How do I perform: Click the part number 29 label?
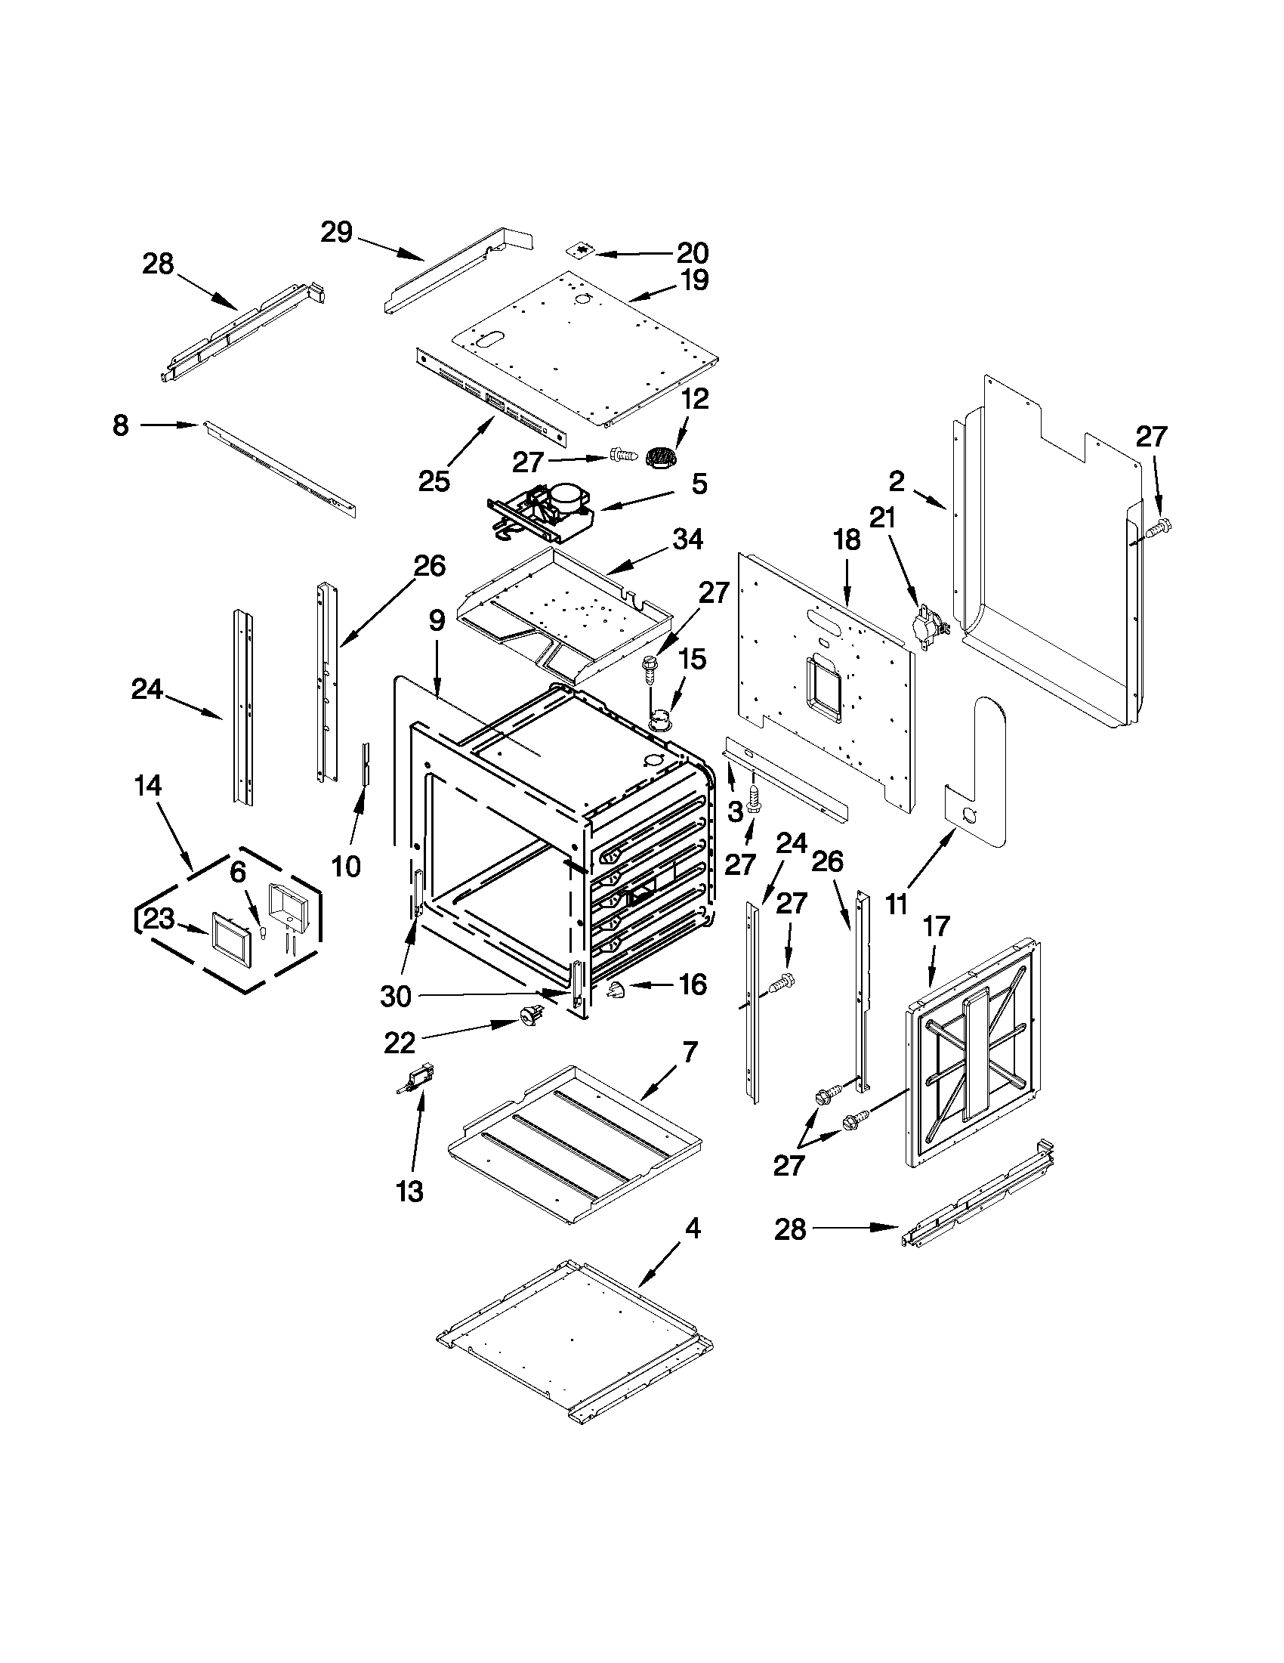click(335, 232)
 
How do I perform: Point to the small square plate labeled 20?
click(583, 250)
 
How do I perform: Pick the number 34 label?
click(688, 539)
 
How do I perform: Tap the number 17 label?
click(936, 926)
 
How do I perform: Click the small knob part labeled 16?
click(614, 991)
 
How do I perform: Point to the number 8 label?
click(120, 425)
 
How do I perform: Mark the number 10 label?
click(347, 866)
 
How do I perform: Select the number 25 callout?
click(434, 481)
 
